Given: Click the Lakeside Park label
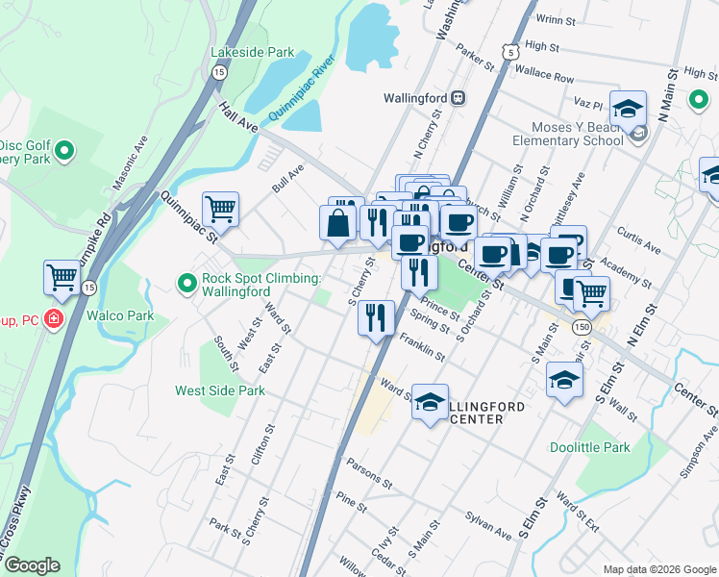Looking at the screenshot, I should pos(252,52).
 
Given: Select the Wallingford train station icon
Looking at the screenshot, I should pos(459,97).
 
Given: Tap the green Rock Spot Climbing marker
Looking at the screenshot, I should pos(186,283).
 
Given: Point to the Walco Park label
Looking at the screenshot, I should pos(120,315).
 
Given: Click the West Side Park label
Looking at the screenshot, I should pos(219,391).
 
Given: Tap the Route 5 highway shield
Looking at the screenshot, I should pos(510,49).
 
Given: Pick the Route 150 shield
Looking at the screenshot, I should pos(581,328).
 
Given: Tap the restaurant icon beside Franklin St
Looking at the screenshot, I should pos(376,316).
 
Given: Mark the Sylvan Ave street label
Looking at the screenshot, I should pos(490,526).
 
